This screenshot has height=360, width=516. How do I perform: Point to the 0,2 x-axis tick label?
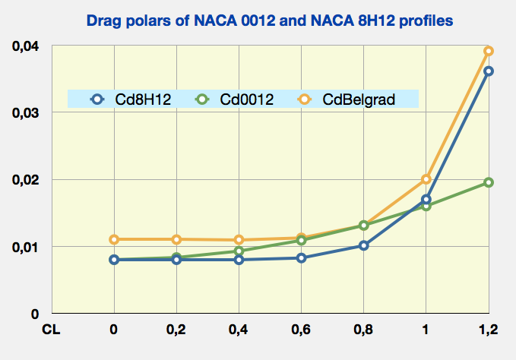coord(176,330)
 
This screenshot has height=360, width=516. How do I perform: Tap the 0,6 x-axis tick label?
coord(301,330)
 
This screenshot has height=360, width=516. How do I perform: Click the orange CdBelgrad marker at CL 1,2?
coord(489,51)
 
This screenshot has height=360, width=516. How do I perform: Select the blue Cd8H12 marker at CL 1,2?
coord(489,71)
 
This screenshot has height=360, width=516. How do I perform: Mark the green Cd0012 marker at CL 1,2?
coord(489,182)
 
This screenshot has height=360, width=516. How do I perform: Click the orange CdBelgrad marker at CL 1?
coord(426,179)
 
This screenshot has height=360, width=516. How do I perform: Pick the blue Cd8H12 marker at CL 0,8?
coord(364,245)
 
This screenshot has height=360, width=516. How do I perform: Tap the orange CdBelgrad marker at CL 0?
coord(114,239)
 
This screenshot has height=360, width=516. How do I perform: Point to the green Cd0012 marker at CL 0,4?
coord(239,251)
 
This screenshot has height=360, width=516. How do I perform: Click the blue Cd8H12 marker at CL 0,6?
coord(301,257)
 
